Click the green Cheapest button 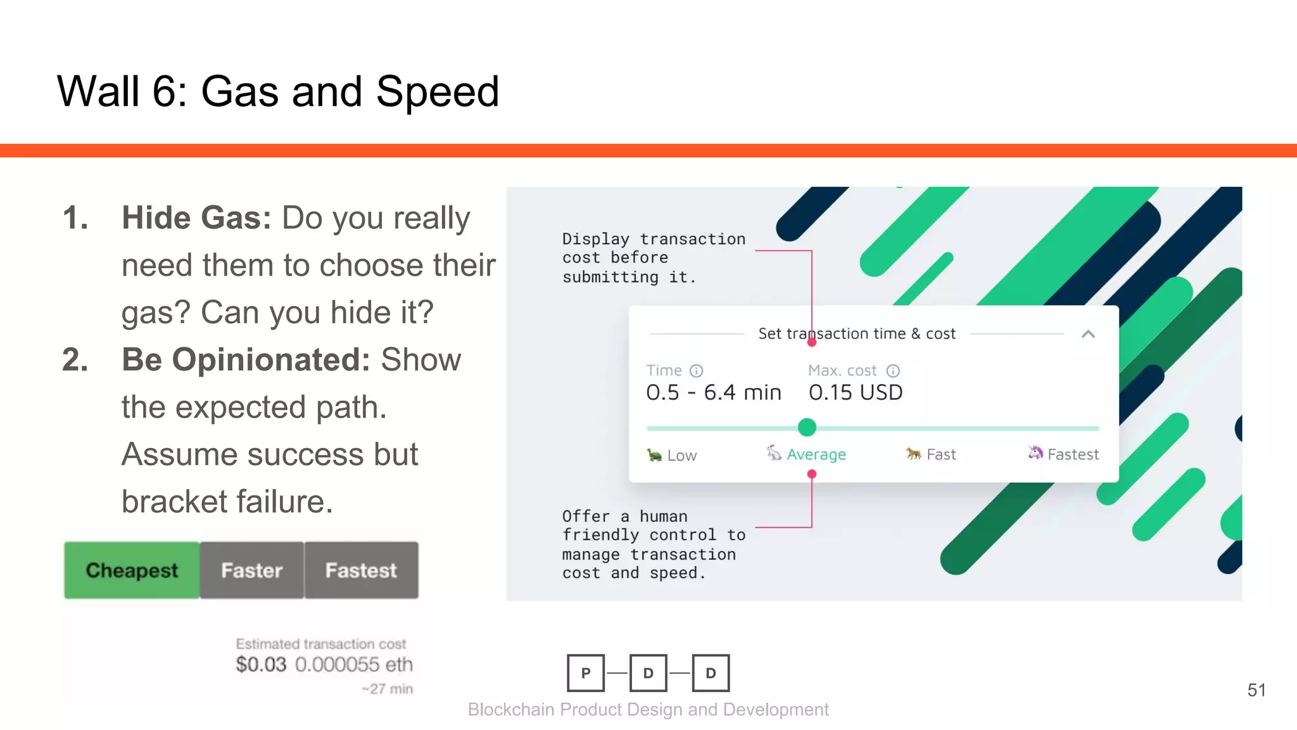click(132, 570)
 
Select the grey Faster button click(251, 570)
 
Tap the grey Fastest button click(361, 570)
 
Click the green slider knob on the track click(807, 427)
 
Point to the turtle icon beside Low click(654, 455)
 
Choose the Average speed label click(816, 454)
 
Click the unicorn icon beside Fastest click(1035, 452)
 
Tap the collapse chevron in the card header click(1088, 334)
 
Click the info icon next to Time click(696, 371)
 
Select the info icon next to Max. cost click(893, 371)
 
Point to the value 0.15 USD click(856, 392)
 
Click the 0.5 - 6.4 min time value click(714, 392)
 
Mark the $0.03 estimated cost click(261, 664)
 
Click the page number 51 click(1256, 690)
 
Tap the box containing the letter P click(586, 673)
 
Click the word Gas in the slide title click(240, 91)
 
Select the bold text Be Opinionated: click(246, 359)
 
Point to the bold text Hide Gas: click(196, 218)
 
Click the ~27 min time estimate click(387, 689)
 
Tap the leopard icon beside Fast click(913, 453)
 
